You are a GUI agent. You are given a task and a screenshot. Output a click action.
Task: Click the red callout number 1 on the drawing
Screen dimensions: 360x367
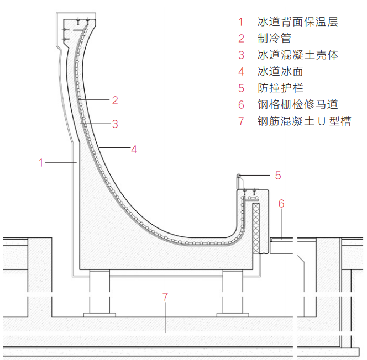[x=41, y=162]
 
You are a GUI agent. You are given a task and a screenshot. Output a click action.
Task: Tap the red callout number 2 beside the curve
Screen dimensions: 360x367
[x=115, y=100]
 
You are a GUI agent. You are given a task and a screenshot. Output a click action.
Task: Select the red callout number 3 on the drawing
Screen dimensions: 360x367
[x=115, y=124]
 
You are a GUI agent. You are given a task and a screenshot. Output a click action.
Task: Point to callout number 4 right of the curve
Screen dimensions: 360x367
[x=134, y=149]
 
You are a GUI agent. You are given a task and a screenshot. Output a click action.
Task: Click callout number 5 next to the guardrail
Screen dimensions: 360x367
[x=278, y=176]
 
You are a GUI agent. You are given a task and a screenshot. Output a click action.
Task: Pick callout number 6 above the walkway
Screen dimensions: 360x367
[x=281, y=204]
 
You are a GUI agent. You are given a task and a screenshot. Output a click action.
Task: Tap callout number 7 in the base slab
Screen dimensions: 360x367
[x=165, y=297]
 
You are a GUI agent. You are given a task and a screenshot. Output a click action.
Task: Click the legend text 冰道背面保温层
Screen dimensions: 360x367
[x=297, y=22]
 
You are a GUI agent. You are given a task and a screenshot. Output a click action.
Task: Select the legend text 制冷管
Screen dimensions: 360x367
[x=274, y=39]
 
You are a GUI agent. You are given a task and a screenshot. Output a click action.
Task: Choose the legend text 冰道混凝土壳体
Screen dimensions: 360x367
[x=297, y=55]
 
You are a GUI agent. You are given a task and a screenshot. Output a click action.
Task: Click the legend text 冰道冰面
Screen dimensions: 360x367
[x=280, y=72]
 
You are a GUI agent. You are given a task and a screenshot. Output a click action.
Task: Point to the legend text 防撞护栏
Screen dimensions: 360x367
[x=280, y=88]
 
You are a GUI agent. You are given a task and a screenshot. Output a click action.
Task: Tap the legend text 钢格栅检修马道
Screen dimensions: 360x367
[x=297, y=105]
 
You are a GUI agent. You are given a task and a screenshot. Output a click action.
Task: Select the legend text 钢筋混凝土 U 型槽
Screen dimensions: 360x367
[x=304, y=121]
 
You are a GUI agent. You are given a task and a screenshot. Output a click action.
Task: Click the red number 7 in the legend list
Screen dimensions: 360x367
[x=241, y=121]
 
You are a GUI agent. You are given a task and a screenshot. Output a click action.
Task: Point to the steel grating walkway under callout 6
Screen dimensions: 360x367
[x=283, y=239]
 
